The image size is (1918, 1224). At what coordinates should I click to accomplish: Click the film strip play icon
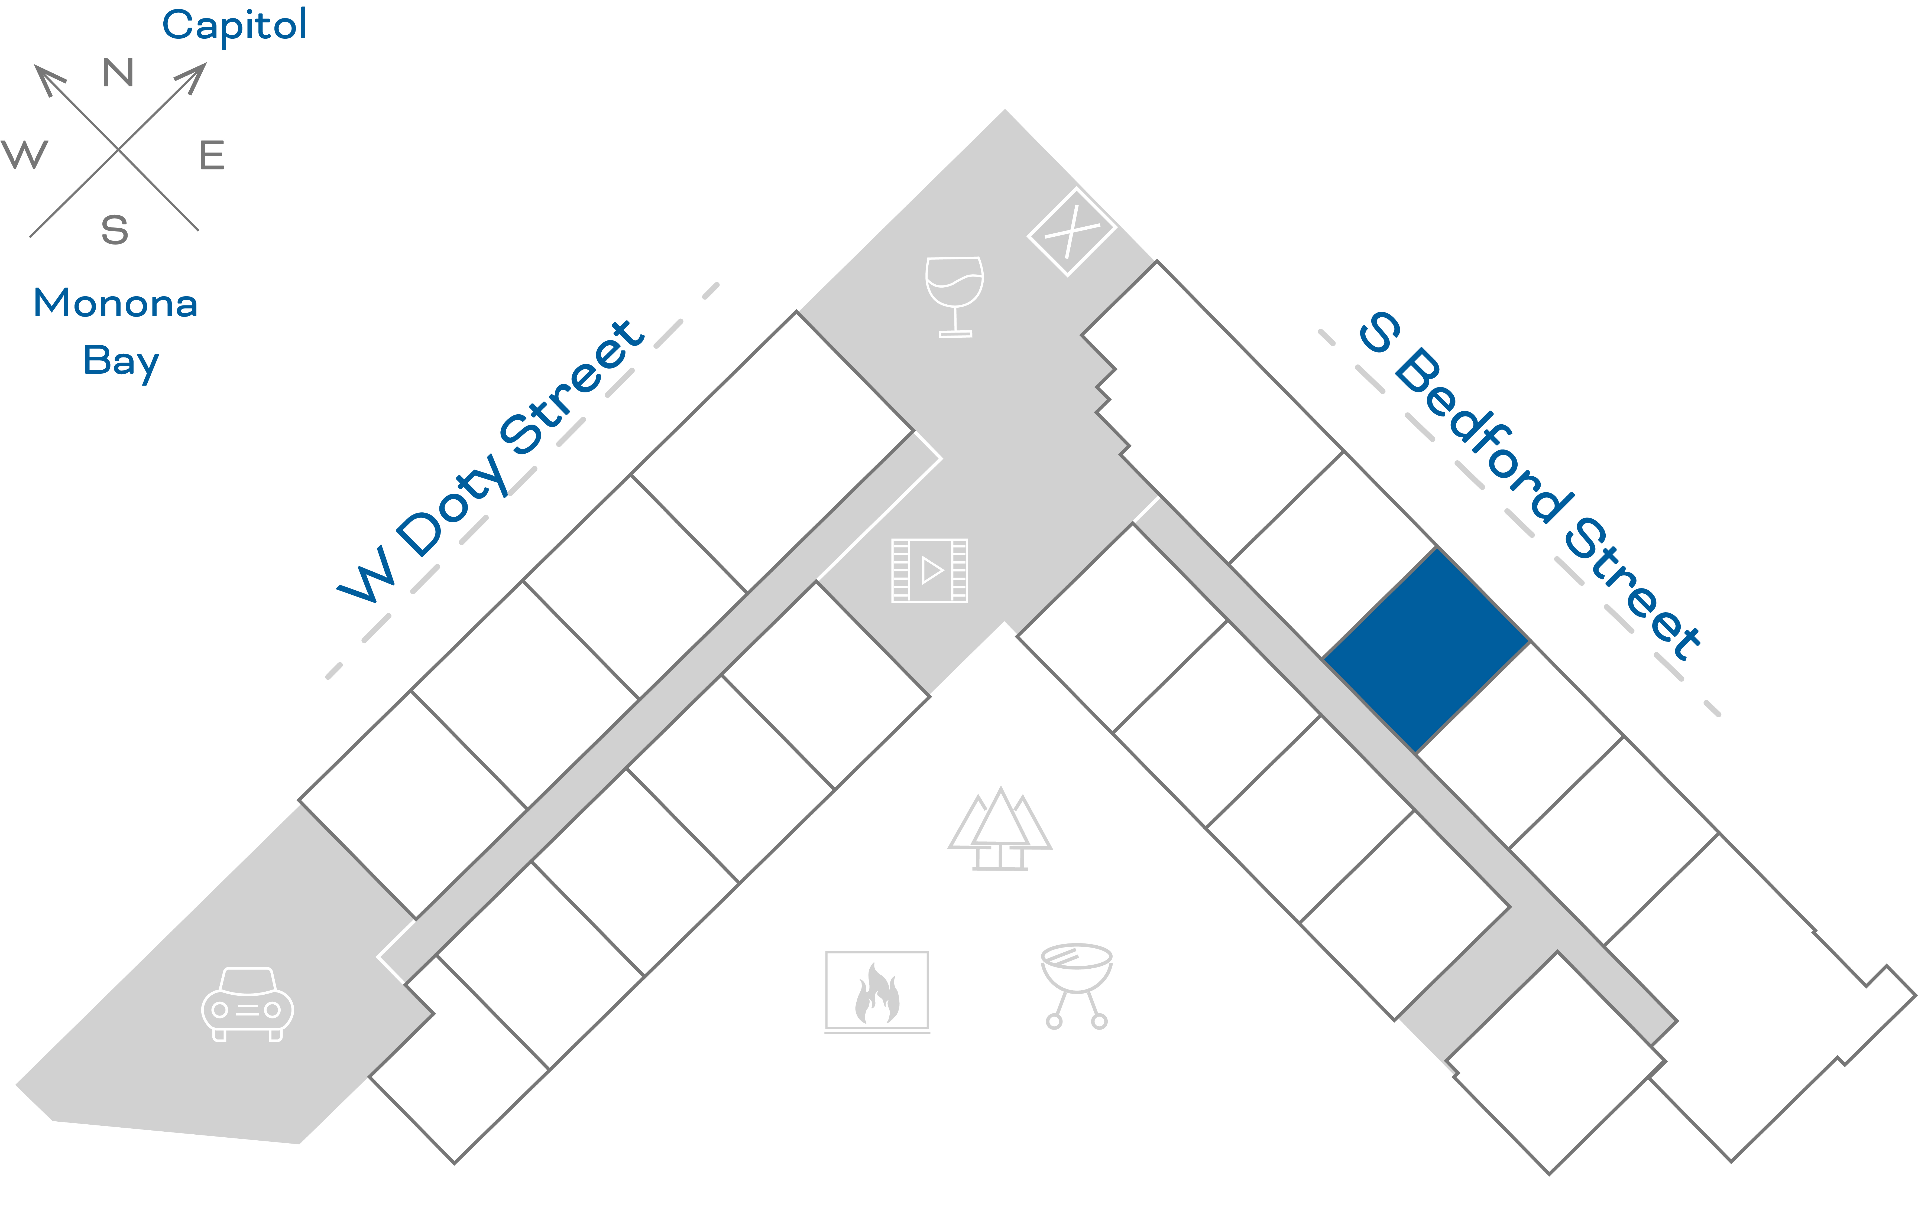pos(929,570)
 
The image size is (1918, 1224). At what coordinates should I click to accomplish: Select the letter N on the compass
pos(118,73)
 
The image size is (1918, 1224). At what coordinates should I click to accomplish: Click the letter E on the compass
pos(212,155)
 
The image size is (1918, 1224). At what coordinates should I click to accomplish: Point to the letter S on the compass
pos(115,230)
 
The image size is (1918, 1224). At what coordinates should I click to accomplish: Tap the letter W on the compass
pos(25,155)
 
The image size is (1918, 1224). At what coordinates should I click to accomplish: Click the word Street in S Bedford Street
pos(1633,589)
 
